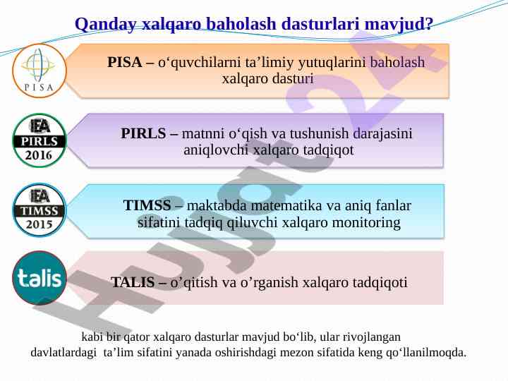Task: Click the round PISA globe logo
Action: point(40,71)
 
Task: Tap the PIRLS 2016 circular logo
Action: point(40,140)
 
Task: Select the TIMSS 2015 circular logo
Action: point(40,210)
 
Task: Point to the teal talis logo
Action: point(40,278)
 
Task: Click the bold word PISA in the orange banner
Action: point(124,62)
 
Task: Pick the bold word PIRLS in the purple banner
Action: point(143,133)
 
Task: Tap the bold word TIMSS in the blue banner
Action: point(147,205)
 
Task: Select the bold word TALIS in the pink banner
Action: point(133,282)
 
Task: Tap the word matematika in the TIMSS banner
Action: point(286,205)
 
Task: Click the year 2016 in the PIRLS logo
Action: point(39,155)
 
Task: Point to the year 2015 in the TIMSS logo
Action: point(40,224)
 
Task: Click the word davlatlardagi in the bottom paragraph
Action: point(64,353)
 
